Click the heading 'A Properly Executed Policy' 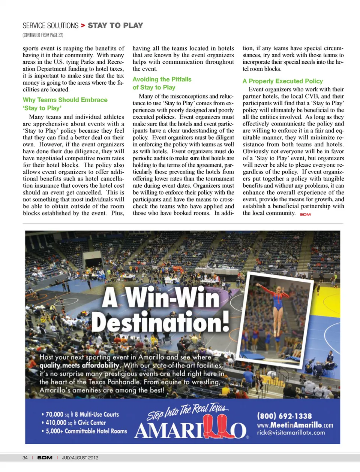[282, 81]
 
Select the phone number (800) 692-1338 [284, 416]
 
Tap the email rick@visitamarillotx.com [291, 433]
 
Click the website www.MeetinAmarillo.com [295, 425]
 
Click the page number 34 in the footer [25, 458]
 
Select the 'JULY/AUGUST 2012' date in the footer [80, 458]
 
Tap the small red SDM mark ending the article [305, 214]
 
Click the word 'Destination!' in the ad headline [160, 322]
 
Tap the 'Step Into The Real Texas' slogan [187, 412]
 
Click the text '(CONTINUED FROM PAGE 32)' [43, 35]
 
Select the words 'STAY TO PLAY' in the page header [115, 25]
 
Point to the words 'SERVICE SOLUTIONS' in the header [50, 25]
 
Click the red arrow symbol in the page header [83, 25]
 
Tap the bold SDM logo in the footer [45, 458]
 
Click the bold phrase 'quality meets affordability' [79, 365]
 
